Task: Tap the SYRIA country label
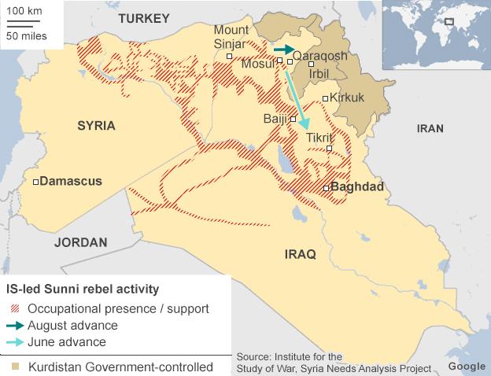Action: (x=96, y=125)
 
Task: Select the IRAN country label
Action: (x=430, y=128)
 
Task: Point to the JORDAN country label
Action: (x=80, y=242)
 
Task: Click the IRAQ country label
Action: (x=300, y=253)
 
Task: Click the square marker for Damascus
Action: (x=35, y=182)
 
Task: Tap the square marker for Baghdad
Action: (x=326, y=188)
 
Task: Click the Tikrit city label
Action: (x=319, y=138)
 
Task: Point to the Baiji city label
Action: (x=274, y=119)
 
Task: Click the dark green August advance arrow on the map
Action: (x=281, y=49)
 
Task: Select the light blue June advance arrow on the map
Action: (x=297, y=94)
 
